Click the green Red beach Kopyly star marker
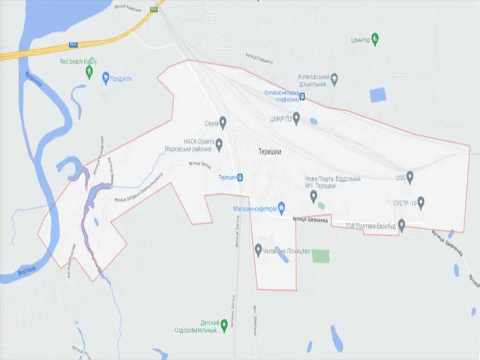pyautogui.click(x=89, y=71)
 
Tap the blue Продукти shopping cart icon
pyautogui.click(x=105, y=78)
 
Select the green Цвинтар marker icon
pyautogui.click(x=375, y=38)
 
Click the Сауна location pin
pyautogui.click(x=223, y=122)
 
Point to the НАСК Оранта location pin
pyautogui.click(x=218, y=143)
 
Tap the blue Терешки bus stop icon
pyautogui.click(x=240, y=177)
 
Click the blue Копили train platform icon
pyautogui.click(x=303, y=97)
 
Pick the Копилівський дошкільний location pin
pyautogui.click(x=334, y=80)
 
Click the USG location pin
pyautogui.click(x=410, y=177)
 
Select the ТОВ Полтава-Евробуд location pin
pyautogui.click(x=401, y=224)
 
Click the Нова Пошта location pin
pyautogui.click(x=314, y=196)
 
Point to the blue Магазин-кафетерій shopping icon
pyautogui.click(x=281, y=206)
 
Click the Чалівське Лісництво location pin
pyautogui.click(x=258, y=249)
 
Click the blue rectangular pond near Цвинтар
pyautogui.click(x=377, y=95)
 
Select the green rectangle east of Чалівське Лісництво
pyautogui.click(x=321, y=256)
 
